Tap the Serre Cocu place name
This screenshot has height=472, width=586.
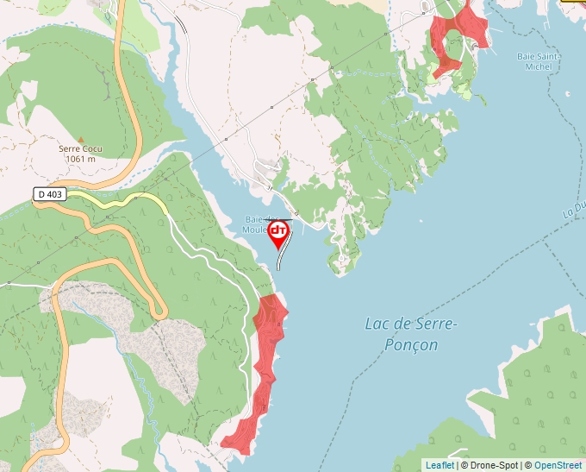click(80, 148)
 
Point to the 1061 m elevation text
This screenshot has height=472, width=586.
click(80, 158)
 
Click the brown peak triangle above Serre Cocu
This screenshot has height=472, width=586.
click(81, 138)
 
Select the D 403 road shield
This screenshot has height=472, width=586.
click(50, 195)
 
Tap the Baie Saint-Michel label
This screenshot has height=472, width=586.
click(539, 61)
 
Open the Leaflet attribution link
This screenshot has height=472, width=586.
click(439, 465)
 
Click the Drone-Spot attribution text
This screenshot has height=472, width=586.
click(489, 465)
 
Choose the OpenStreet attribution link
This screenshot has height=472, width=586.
click(558, 465)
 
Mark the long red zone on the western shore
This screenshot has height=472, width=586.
click(265, 362)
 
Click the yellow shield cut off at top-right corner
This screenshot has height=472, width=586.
click(573, 2)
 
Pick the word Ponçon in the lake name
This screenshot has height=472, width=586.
click(413, 345)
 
